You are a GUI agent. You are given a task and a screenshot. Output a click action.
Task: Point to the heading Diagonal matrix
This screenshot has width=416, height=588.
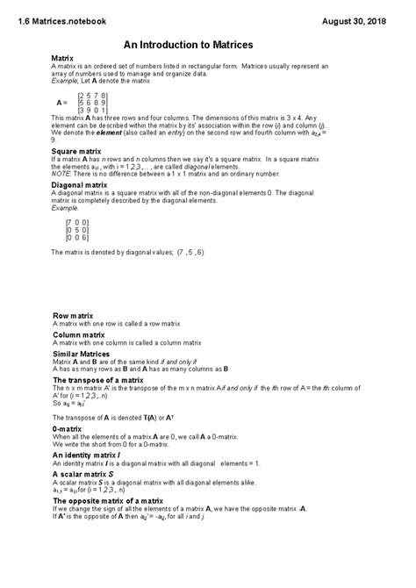click(80, 186)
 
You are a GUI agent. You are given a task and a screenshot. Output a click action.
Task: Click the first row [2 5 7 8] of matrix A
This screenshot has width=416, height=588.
click(93, 94)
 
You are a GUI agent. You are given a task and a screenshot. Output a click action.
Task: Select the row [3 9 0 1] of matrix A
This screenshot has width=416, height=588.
click(93, 110)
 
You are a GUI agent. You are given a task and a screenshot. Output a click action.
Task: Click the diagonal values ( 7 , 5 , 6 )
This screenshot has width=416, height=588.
click(188, 253)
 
